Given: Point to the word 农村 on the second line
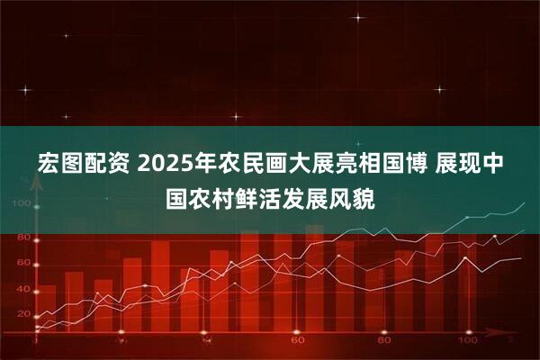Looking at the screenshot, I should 214,195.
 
